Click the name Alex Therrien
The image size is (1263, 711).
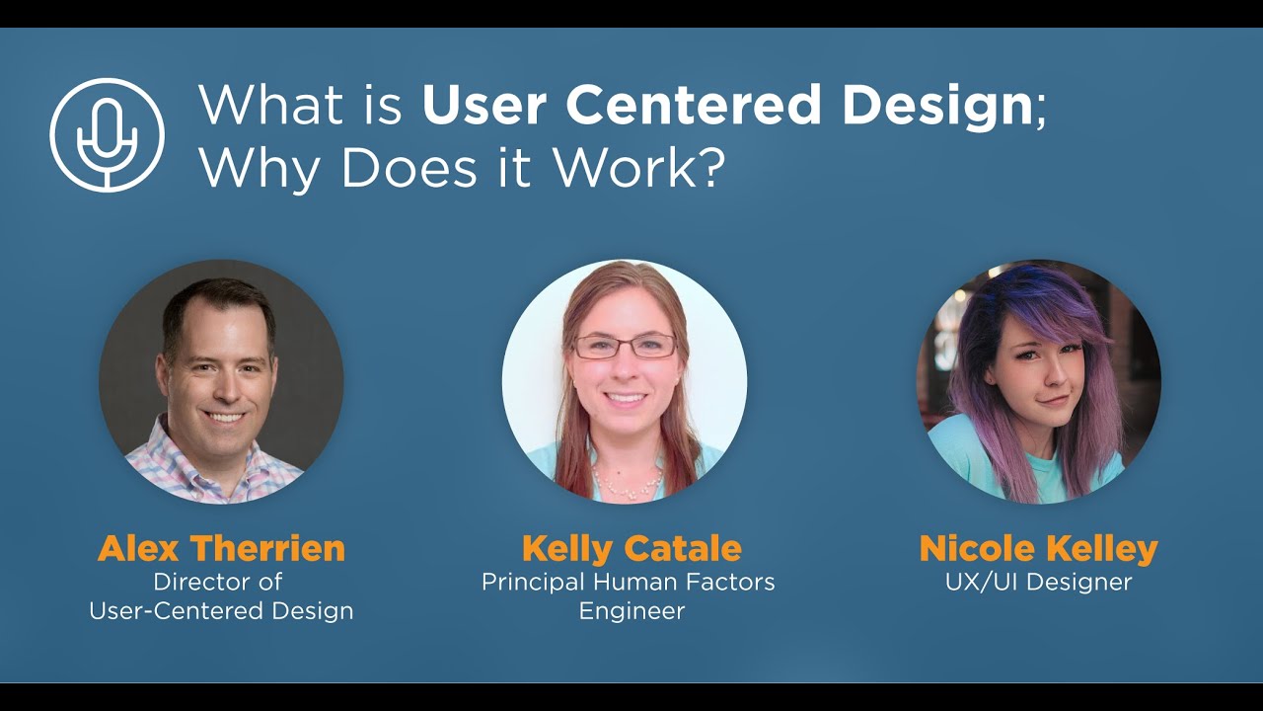[221, 548]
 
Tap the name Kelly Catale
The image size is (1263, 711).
[631, 548]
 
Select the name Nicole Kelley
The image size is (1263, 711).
[1038, 548]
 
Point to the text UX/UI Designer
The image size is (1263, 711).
[1038, 582]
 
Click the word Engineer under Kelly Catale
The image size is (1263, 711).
[631, 611]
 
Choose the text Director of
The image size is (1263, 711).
[217, 582]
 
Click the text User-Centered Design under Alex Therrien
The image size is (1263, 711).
[221, 611]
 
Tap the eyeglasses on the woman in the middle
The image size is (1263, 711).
[625, 346]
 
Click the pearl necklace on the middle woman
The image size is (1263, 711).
[628, 484]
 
